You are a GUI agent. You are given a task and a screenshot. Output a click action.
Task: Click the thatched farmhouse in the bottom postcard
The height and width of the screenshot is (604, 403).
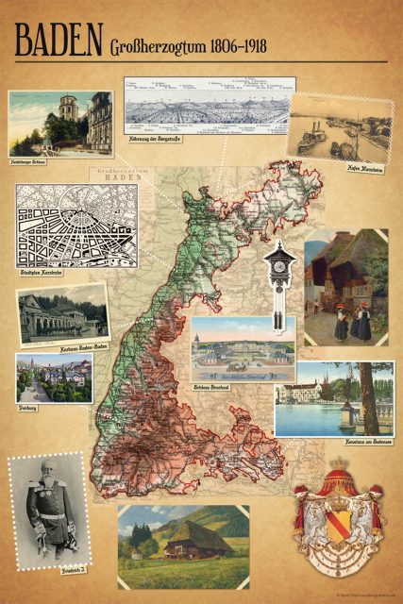tap(194, 540)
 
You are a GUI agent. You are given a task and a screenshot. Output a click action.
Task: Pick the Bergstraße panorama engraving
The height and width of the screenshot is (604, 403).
tap(209, 107)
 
